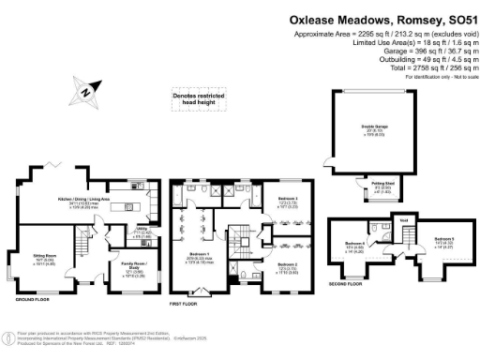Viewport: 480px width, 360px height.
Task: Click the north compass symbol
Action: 84,92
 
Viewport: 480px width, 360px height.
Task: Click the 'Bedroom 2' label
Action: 289,266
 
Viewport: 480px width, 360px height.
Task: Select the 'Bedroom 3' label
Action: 289,201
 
